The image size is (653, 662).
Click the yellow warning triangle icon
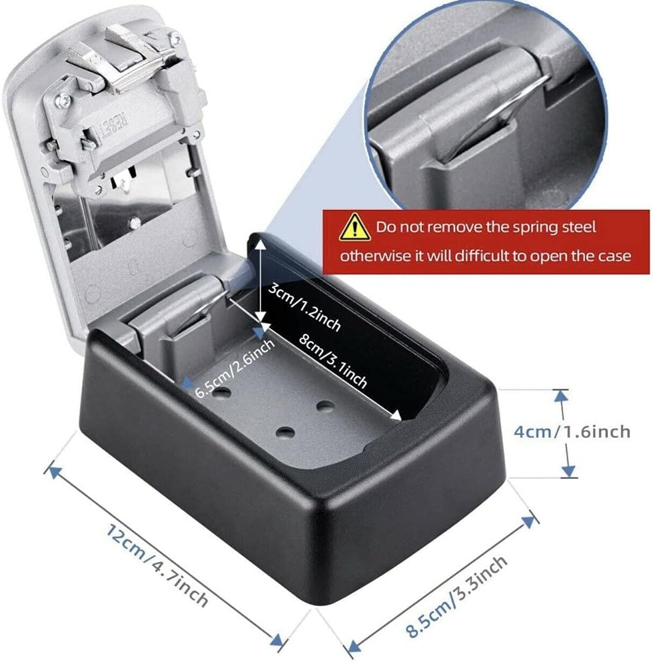(x=355, y=227)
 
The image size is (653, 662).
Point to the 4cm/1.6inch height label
(x=572, y=432)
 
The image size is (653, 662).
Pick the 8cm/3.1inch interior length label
(x=332, y=360)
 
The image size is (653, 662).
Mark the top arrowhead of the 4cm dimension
(x=562, y=396)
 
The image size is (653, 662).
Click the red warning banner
(x=486, y=241)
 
